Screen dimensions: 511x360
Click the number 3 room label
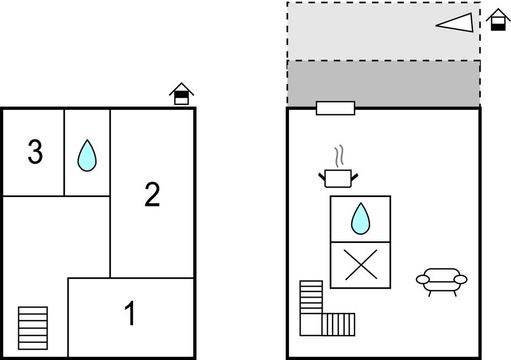pos(35,151)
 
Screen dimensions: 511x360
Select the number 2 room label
pos(152,194)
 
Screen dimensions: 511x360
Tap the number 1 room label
pos(130,313)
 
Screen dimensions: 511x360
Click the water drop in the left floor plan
pos(87,156)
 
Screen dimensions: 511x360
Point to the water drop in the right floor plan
pos(360,219)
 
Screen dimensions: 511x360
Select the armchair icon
pos(441,282)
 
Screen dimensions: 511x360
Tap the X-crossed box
pos(360,265)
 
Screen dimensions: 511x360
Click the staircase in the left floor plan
pos(33,328)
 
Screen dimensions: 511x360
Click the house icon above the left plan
pos(182,93)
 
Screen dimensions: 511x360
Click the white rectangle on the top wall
pos(335,108)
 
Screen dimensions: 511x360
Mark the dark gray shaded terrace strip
pos(383,83)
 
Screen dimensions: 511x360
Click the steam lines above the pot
pos(339,156)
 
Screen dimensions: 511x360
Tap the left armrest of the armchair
pos(423,279)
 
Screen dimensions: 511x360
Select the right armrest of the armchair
pos(461,279)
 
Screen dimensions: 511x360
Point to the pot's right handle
pos(355,177)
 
